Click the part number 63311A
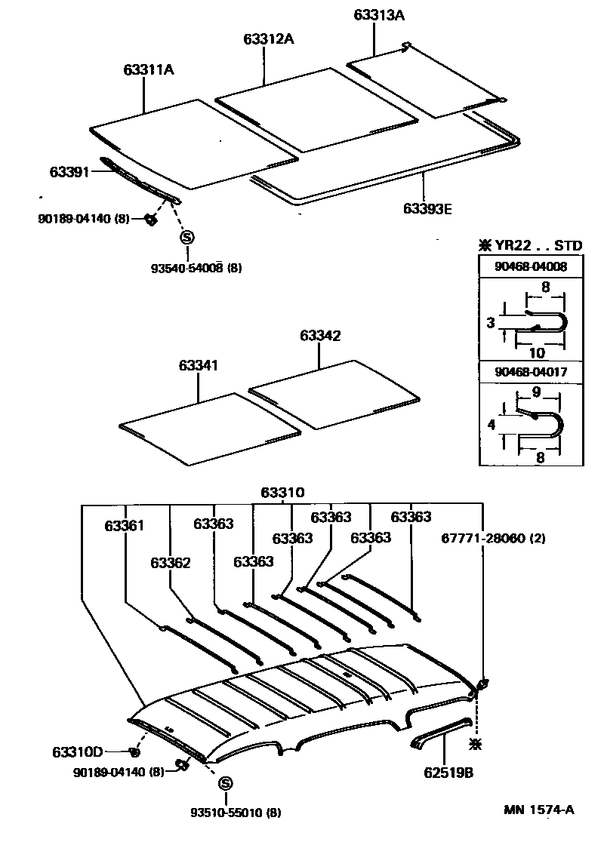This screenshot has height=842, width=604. (149, 70)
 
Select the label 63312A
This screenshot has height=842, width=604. (269, 38)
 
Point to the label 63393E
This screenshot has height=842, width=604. (427, 209)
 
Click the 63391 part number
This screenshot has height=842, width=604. (70, 172)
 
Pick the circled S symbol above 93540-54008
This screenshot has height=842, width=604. (187, 238)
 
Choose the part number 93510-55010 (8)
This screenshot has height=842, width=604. (237, 813)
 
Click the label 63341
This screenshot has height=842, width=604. (199, 366)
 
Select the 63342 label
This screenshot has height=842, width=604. (319, 336)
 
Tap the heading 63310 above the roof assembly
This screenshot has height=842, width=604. (284, 493)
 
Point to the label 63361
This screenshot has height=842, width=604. (124, 524)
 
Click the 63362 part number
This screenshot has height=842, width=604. (170, 562)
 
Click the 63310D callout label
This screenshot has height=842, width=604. (77, 751)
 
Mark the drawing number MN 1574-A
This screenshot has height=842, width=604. (539, 810)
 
